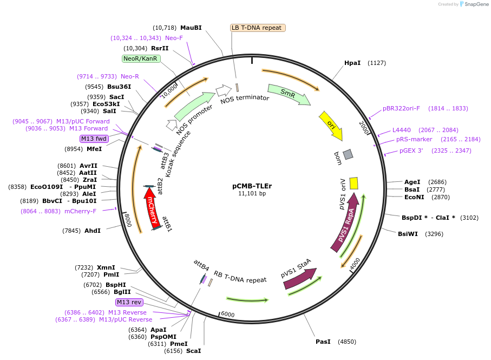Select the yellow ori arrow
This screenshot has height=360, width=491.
(x=330, y=125)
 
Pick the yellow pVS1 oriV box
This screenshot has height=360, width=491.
(x=353, y=183)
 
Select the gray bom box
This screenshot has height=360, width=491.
(x=348, y=154)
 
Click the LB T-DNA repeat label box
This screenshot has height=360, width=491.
(x=257, y=28)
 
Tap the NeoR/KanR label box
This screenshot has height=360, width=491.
(x=140, y=58)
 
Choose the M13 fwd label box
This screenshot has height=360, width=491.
(x=94, y=139)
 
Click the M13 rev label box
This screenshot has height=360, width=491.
(x=128, y=302)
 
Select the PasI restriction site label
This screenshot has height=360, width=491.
(x=323, y=342)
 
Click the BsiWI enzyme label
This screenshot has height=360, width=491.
(x=408, y=234)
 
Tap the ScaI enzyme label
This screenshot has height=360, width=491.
(x=193, y=351)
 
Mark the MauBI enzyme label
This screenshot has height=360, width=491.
(x=191, y=28)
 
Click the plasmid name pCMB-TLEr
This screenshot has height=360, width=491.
(x=252, y=186)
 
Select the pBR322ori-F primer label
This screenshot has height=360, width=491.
(x=401, y=108)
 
